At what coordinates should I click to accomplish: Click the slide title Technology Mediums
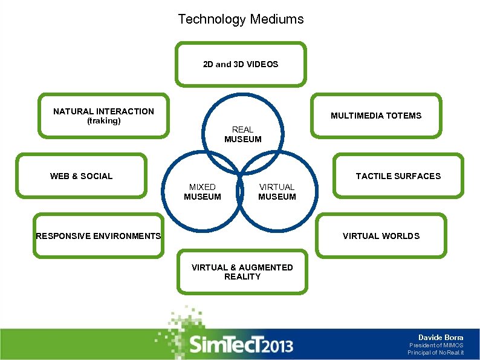click(x=241, y=19)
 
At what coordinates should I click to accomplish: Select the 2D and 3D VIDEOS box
click(x=241, y=64)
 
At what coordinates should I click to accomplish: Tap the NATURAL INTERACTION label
click(x=103, y=111)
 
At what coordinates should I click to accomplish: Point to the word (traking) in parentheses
click(x=103, y=121)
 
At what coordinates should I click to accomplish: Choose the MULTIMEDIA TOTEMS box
click(x=375, y=116)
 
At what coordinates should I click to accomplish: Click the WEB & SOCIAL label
click(x=81, y=176)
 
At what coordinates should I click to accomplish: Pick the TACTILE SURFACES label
click(x=398, y=176)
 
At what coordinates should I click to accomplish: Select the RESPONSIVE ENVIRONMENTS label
click(x=98, y=236)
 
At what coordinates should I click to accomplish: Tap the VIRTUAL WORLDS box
click(x=381, y=236)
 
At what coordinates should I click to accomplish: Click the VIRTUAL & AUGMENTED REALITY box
click(x=242, y=272)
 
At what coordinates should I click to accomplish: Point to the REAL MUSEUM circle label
click(x=242, y=134)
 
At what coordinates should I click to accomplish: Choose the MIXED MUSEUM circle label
click(x=202, y=192)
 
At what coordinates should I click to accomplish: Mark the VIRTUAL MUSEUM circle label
click(x=277, y=192)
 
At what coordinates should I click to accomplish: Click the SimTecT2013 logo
click(x=241, y=345)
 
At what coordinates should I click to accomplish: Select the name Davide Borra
click(x=441, y=337)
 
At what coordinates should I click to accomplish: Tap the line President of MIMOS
click(x=436, y=345)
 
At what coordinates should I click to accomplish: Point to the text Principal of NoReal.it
click(x=435, y=353)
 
